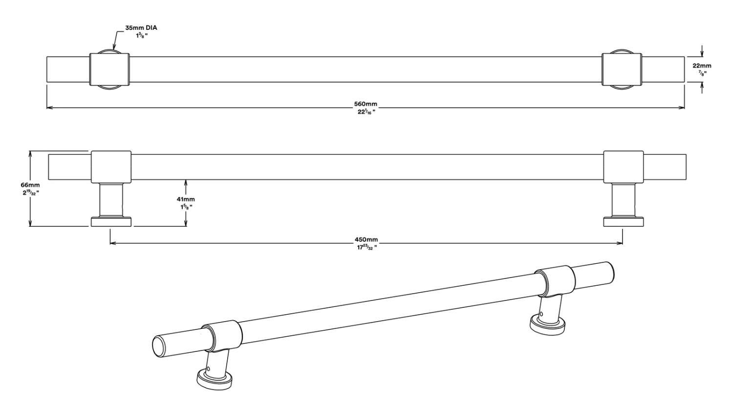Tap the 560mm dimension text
pos(366,104)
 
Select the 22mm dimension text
pos(702,66)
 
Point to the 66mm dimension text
pos(30,185)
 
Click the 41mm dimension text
pos(186,199)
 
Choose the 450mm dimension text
pos(366,240)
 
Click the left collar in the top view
pos(109,69)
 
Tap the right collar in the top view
pos(621,69)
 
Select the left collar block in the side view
pos(111,167)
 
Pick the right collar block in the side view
pos(623,167)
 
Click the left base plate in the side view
pos(111,222)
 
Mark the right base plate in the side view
pos(623,222)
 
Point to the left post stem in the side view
pos(111,200)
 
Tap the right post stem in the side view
pos(623,200)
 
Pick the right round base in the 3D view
pos(547,325)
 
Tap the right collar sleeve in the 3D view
pos(555,281)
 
